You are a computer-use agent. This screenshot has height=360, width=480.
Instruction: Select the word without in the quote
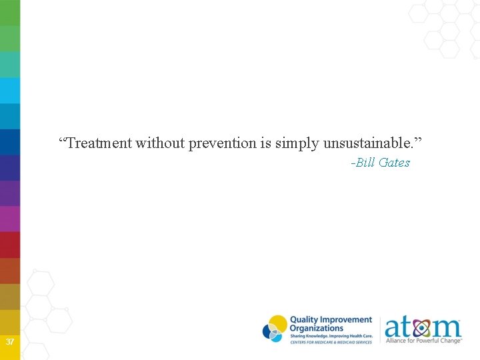tap(161, 143)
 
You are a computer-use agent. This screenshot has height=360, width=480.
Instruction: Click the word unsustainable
tap(370, 143)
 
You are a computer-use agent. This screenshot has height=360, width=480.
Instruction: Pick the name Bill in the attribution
tap(365, 163)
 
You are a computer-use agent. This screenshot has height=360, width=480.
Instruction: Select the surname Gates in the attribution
tap(394, 163)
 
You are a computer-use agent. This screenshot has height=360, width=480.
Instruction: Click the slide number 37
tap(10, 342)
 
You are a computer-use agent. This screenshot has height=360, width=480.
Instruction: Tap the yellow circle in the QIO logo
tap(279, 323)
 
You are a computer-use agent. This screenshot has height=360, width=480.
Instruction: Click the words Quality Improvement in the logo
tap(331, 320)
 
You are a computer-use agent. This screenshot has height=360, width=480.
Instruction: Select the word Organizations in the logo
tap(317, 328)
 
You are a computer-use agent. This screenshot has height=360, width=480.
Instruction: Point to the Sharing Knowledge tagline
tap(331, 336)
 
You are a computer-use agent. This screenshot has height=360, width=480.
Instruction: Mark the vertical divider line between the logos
tap(380, 329)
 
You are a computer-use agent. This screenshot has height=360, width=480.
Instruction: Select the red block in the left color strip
tap(10, 245)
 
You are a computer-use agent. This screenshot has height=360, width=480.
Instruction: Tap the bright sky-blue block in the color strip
tap(10, 90)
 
